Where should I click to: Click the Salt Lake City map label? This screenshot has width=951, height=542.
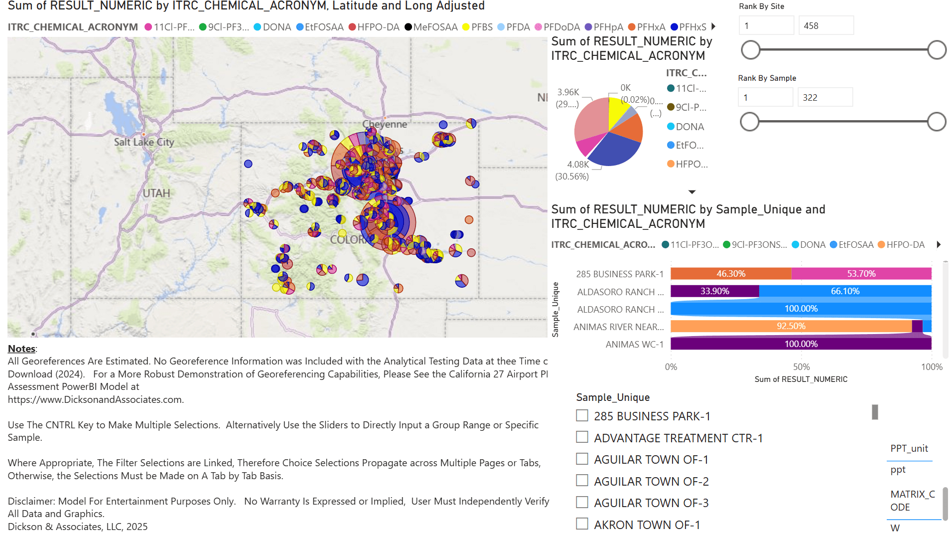tap(144, 142)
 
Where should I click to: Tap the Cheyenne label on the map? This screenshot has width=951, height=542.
tap(384, 124)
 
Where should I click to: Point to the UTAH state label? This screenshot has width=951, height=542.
tap(156, 193)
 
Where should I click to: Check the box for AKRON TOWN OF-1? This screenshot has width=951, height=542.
tap(582, 524)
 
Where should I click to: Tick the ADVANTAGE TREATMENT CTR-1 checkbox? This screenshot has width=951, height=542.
tap(582, 437)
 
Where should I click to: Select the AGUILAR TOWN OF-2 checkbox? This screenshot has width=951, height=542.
tap(582, 481)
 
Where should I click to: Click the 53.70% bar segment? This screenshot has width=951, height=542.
tap(861, 274)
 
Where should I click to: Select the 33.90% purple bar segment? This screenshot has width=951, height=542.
tap(714, 291)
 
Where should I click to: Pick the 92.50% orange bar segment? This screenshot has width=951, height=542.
tap(791, 326)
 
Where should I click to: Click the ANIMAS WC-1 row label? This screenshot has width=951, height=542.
tap(634, 345)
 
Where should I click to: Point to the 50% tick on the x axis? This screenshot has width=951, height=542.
tap(801, 367)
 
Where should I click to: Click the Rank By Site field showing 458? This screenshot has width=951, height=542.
tap(825, 26)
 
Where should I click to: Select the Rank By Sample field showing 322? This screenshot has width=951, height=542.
tap(824, 98)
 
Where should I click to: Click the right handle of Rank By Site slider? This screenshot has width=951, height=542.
tap(937, 50)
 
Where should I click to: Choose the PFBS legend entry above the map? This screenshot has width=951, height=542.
tap(477, 27)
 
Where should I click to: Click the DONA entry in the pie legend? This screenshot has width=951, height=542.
tap(689, 127)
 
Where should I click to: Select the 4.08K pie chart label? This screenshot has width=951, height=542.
tap(578, 165)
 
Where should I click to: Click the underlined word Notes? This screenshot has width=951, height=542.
tap(21, 349)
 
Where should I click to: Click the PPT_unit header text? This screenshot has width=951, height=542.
tap(909, 448)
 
